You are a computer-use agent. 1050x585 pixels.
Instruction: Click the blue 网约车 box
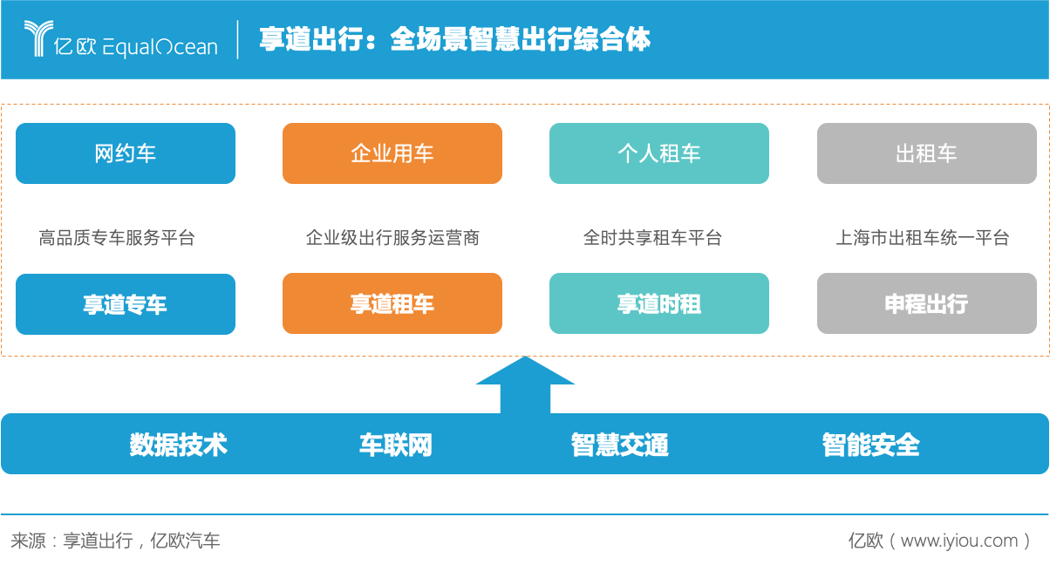pos(126,153)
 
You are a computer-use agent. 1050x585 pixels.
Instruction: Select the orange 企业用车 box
pos(392,153)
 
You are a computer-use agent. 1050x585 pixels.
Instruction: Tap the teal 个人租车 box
pos(659,153)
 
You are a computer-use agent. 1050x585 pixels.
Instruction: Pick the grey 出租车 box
pos(926,153)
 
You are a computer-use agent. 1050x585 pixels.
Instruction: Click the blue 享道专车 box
pos(126,304)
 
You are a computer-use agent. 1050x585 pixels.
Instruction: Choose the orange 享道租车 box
pos(392,304)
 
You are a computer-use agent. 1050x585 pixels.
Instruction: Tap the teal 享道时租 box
pos(659,304)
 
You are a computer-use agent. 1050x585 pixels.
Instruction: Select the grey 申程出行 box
pos(926,304)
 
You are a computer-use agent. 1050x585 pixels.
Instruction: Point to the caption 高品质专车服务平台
pos(117,237)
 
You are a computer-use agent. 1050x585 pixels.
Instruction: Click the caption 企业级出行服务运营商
pos(392,237)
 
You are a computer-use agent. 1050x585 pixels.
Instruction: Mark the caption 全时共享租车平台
pos(652,237)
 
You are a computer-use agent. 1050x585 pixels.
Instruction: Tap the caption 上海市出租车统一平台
pos(923,237)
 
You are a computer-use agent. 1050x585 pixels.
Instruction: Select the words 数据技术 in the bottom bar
pos(178,445)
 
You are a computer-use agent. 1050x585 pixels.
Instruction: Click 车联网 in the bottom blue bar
pos(395,445)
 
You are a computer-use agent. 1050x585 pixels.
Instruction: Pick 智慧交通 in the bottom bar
pos(619,445)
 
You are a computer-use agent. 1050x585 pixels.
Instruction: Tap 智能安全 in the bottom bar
pos(870,445)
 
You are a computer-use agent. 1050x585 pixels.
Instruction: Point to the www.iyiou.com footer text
pos(958,541)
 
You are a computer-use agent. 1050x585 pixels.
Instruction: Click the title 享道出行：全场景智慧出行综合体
pos(454,39)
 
